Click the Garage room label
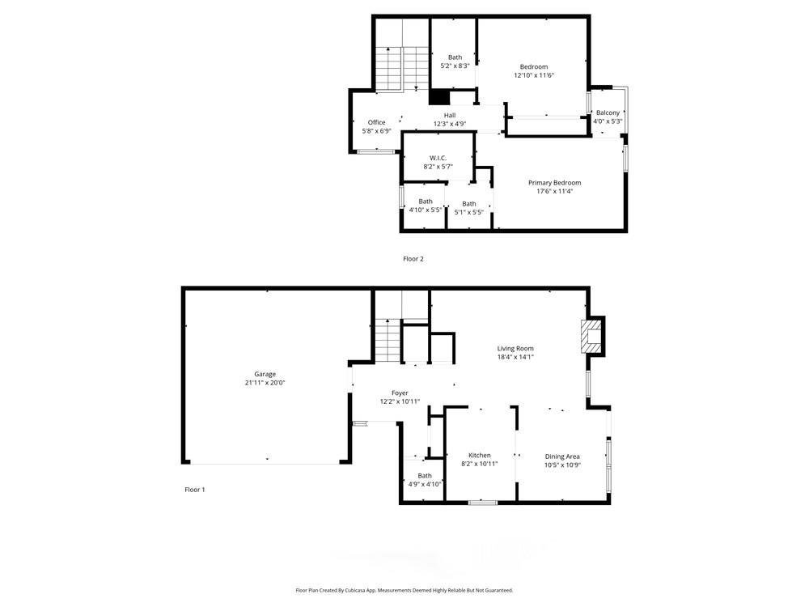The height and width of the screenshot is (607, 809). tap(265, 374)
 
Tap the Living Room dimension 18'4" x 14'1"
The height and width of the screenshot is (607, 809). tap(515, 357)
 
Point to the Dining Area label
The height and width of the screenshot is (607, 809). tap(562, 456)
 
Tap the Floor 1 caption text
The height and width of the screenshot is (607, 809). tap(195, 490)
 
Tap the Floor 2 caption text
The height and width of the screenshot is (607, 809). tap(413, 259)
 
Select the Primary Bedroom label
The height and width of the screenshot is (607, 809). tap(554, 183)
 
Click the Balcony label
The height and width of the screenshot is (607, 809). tap(608, 112)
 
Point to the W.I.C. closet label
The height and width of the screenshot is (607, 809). tap(438, 158)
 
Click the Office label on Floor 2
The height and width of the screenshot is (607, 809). tap(377, 122)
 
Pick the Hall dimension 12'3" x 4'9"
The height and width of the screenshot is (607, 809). tap(449, 124)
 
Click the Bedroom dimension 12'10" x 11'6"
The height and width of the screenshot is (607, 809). tap(534, 75)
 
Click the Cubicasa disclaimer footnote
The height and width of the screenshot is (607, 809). tap(404, 591)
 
